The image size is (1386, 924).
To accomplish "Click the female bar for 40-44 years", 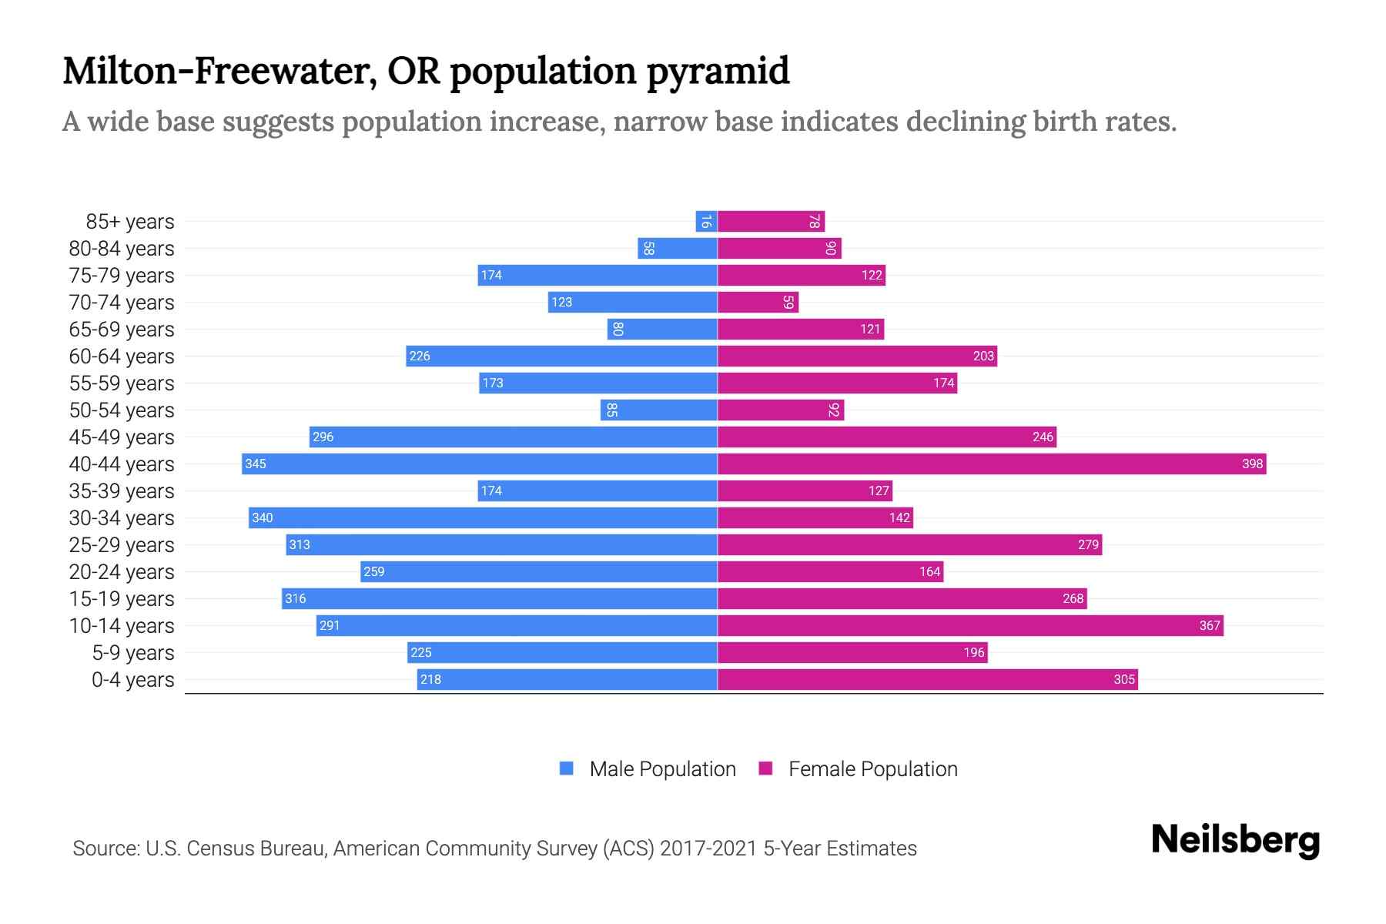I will coord(992,464).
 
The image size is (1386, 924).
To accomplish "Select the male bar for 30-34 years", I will coord(483,517).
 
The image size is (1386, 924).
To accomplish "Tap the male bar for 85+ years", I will coord(706,222).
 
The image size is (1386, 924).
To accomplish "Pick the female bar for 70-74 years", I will coord(758,303).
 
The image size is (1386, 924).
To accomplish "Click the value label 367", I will coord(1210,625).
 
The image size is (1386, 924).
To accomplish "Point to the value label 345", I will coord(256,464).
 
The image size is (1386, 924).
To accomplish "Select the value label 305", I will coord(1124,679).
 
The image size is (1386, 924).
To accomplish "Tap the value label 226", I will coord(420,356).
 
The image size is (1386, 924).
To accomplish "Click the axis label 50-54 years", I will coord(122,410).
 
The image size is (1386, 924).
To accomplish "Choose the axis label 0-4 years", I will coord(132,680).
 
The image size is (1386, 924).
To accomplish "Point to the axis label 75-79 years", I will coord(122,276).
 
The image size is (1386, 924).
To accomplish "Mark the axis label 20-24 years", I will coord(122,572).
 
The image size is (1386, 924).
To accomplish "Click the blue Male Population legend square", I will coord(567,768).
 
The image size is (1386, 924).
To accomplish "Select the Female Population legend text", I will coord(872,769).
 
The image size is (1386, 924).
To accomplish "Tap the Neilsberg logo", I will coord(1235,841).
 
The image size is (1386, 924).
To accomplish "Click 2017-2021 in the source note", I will coord(708,849).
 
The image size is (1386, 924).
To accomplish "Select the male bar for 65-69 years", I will coord(662,330).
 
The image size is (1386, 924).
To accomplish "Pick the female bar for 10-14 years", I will coord(970,625).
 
